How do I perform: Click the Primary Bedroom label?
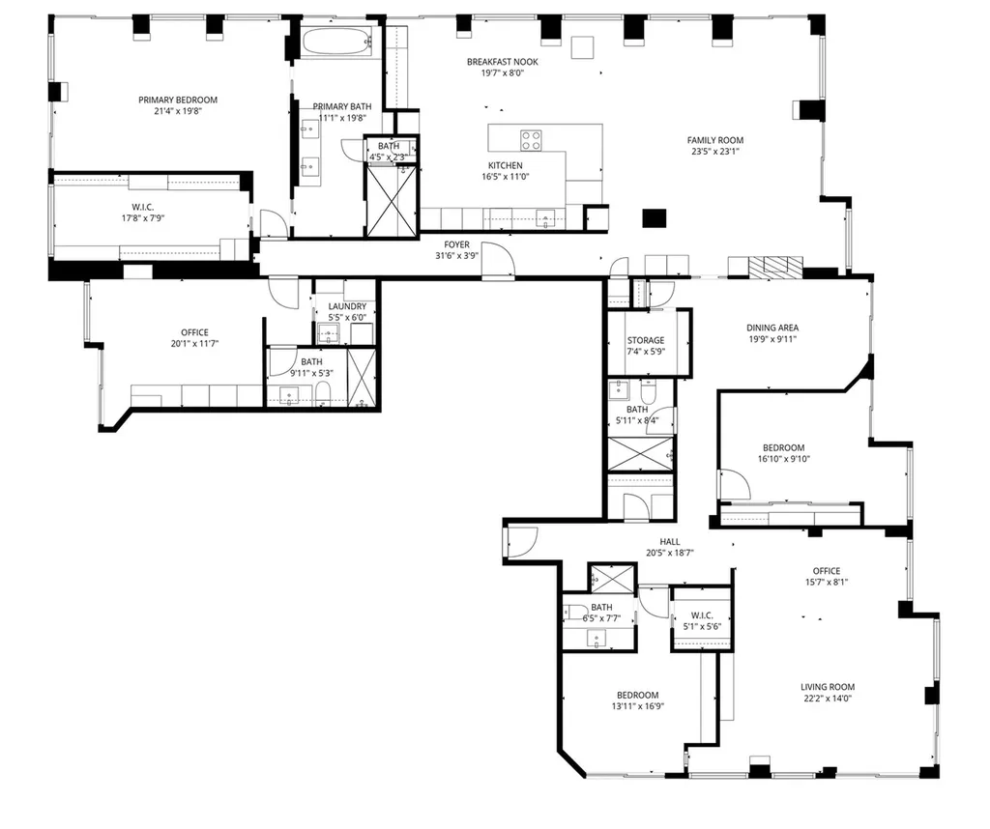178,100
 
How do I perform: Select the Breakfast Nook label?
503,62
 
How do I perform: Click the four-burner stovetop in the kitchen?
531,140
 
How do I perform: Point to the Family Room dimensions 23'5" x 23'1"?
715,152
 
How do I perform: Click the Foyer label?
456,244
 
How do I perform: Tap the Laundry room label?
347,306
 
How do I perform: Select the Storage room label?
646,340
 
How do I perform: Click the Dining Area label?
772,328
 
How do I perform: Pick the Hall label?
670,541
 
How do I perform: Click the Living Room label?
828,687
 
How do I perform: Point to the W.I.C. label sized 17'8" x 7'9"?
143,207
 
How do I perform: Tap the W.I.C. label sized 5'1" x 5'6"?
702,615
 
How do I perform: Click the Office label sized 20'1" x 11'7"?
194,332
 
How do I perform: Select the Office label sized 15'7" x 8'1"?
827,571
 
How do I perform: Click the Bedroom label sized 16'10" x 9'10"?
783,447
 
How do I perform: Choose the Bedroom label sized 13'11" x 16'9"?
638,695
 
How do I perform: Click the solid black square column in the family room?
655,218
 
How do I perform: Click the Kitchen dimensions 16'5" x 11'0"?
505,177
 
